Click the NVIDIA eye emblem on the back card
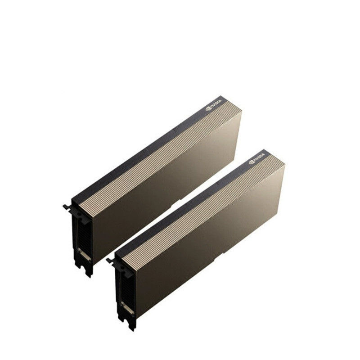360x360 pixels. click(x=208, y=108)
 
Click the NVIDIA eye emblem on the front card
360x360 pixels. click(x=252, y=162)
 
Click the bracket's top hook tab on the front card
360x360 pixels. click(x=110, y=261)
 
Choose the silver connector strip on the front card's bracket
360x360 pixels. click(x=127, y=308)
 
